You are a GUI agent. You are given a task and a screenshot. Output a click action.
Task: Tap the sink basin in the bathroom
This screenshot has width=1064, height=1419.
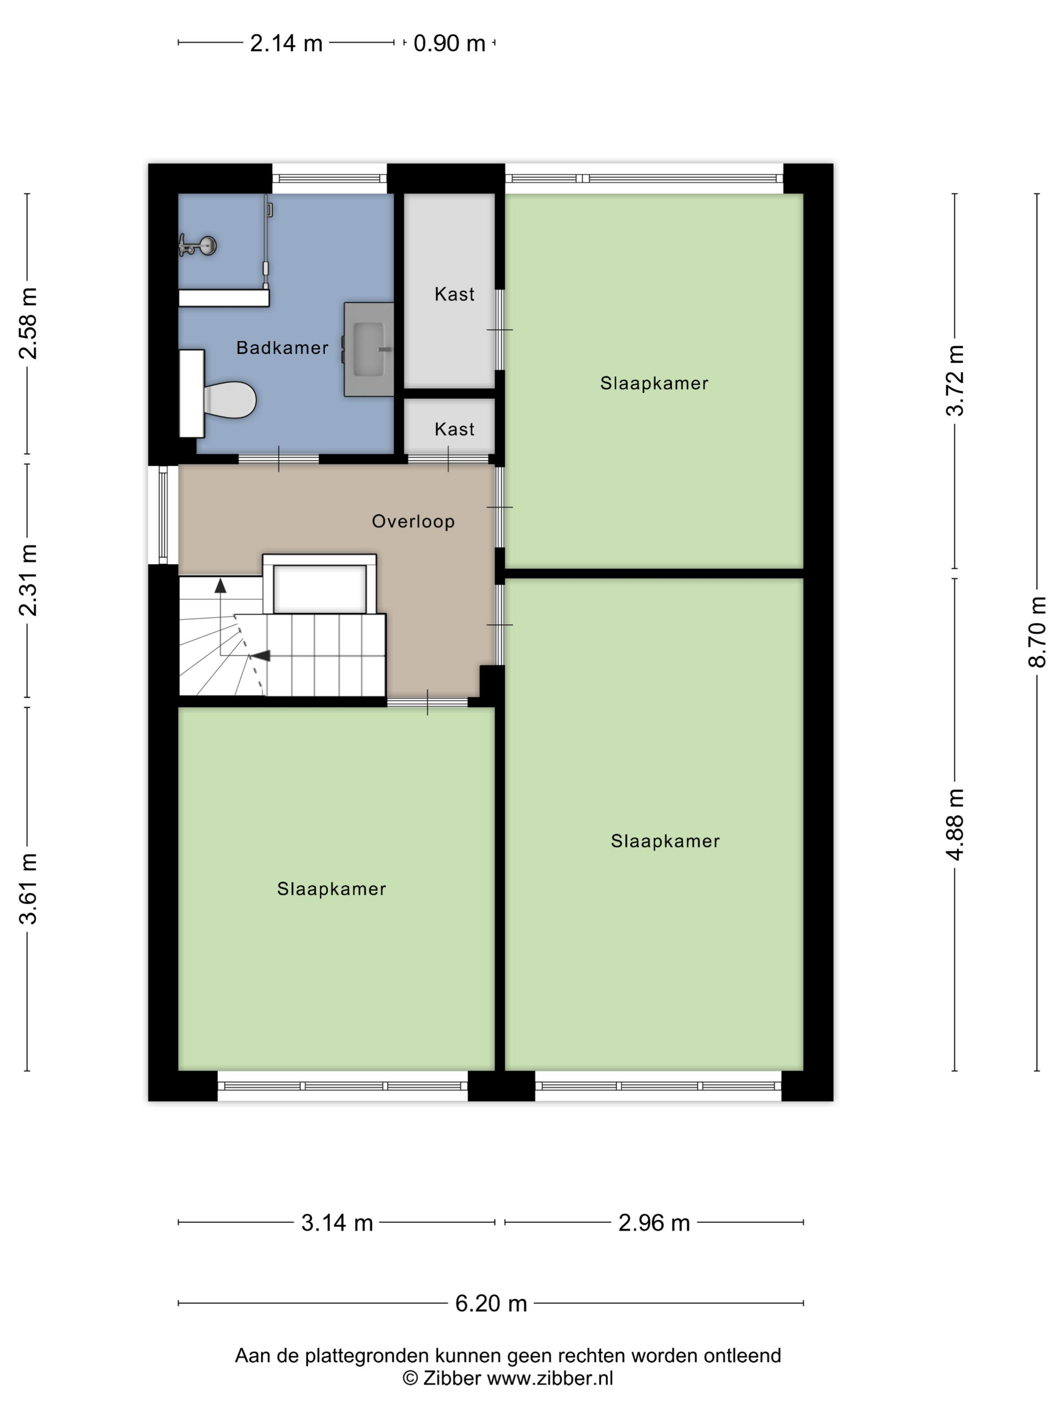pyautogui.click(x=369, y=349)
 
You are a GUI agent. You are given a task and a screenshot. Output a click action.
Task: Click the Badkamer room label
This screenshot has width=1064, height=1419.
pyautogui.click(x=282, y=348)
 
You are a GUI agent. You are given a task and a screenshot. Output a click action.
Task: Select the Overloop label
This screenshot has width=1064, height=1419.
pyautogui.click(x=413, y=521)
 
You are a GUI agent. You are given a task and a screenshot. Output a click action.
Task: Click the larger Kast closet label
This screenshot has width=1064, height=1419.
pyautogui.click(x=454, y=294)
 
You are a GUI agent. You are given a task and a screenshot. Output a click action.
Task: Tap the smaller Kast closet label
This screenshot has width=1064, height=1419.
pyautogui.click(x=454, y=429)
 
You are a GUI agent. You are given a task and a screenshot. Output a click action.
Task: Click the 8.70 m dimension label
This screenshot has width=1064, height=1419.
pyautogui.click(x=1037, y=632)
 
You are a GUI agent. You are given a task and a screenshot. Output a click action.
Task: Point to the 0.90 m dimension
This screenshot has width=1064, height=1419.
pyautogui.click(x=449, y=44)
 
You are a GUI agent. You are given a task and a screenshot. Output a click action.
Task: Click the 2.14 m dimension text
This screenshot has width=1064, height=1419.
pyautogui.click(x=286, y=44)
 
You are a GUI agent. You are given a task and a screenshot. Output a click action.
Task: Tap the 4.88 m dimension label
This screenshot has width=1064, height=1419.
pyautogui.click(x=955, y=825)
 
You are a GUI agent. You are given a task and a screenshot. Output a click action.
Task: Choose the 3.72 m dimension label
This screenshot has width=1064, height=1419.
pyautogui.click(x=955, y=381)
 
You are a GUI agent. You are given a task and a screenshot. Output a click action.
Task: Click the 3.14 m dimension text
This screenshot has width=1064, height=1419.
pyautogui.click(x=337, y=1223)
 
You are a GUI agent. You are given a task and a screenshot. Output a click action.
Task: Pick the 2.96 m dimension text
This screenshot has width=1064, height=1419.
pyautogui.click(x=654, y=1223)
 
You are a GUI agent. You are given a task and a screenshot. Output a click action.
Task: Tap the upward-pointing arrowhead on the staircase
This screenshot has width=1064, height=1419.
pyautogui.click(x=220, y=584)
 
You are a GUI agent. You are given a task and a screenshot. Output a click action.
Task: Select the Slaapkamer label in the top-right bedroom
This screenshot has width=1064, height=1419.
pyautogui.click(x=654, y=384)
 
